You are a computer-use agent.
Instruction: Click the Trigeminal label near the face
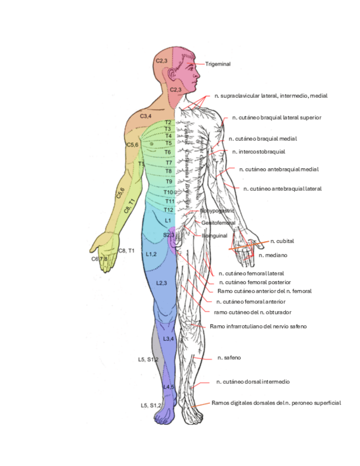point(218,64)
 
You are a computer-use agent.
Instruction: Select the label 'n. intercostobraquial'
point(258,152)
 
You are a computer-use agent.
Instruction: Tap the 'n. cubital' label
point(282,241)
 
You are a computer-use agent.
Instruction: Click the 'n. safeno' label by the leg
point(229,358)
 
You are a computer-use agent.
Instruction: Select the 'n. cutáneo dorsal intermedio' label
point(253,381)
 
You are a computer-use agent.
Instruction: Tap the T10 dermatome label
point(168,192)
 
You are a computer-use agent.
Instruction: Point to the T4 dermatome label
point(168,136)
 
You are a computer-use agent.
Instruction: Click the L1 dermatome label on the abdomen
point(169,220)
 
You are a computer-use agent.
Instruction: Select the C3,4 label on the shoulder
point(146,116)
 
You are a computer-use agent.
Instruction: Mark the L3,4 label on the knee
point(169,339)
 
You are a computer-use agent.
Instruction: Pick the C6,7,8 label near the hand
point(99,259)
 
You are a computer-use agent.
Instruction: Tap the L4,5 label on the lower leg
point(169,387)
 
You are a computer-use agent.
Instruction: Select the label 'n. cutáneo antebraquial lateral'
point(282,188)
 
